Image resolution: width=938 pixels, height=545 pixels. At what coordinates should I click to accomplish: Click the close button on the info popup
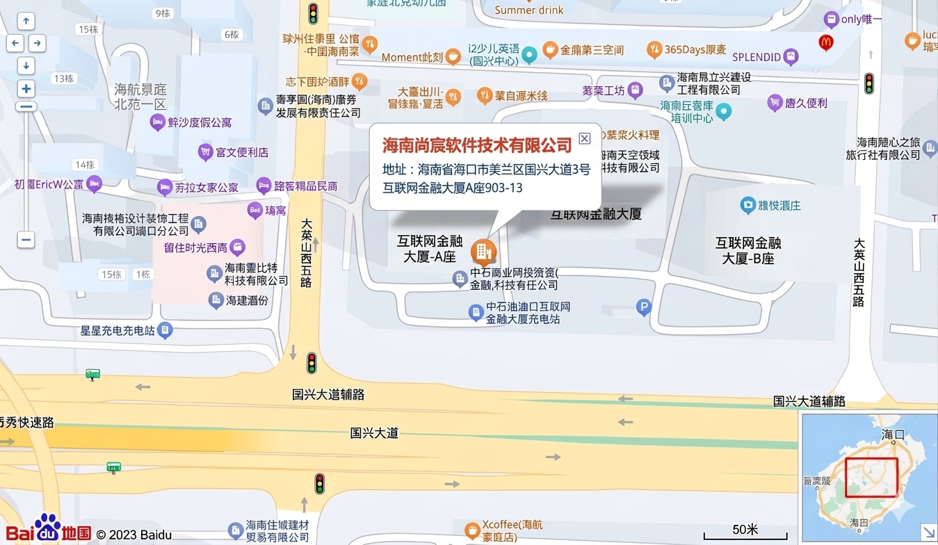[584, 138]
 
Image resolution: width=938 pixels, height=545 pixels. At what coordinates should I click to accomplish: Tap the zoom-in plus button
[26, 88]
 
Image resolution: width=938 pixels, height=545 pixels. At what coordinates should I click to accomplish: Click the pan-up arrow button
[26, 22]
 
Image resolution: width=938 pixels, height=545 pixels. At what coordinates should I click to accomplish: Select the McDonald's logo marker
[826, 42]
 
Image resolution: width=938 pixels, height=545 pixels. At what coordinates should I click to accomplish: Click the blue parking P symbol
[644, 307]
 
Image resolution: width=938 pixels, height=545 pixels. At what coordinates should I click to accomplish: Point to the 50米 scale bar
[745, 535]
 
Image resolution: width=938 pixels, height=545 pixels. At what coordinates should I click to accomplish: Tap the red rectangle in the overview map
[871, 477]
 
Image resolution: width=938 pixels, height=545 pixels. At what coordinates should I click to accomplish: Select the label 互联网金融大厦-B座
[748, 250]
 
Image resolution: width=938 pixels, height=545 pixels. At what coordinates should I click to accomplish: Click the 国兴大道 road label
[374, 433]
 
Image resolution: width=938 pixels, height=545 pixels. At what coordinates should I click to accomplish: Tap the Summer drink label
[529, 10]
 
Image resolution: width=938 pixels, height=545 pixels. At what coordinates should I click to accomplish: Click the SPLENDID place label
[757, 56]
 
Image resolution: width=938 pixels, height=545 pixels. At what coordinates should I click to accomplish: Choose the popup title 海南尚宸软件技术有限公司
[477, 145]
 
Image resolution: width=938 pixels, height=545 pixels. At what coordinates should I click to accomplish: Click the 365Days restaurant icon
[654, 49]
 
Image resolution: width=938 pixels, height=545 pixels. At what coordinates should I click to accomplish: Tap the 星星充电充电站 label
[118, 331]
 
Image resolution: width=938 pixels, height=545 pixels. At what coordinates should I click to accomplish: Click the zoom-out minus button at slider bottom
[26, 240]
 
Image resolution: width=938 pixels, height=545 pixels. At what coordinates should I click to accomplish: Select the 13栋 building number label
[63, 79]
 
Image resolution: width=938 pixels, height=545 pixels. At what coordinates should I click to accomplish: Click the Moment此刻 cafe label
[412, 57]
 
